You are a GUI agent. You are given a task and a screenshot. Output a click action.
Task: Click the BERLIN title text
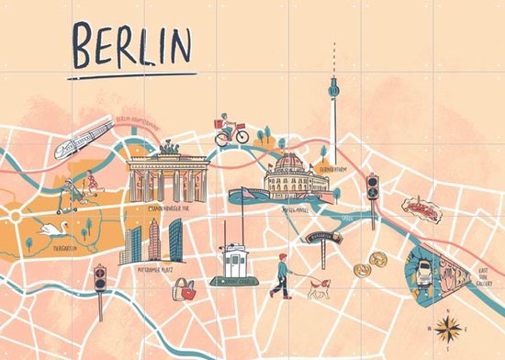pyautogui.click(x=133, y=46)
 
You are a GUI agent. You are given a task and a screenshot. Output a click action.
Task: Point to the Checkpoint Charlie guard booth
pyautogui.click(x=232, y=264)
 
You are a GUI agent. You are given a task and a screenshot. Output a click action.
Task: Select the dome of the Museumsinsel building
pyautogui.click(x=288, y=163)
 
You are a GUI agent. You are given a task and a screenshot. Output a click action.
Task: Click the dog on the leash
pyautogui.click(x=318, y=287)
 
